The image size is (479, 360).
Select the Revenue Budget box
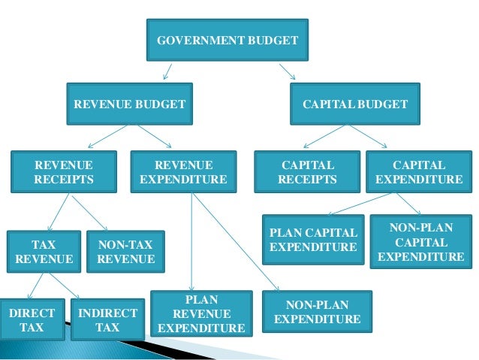click(128, 104)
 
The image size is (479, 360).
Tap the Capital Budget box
click(355, 104)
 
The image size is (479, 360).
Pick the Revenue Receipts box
click(64, 172)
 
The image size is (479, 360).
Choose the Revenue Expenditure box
click(183, 172)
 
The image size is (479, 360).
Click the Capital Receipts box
click(307, 172)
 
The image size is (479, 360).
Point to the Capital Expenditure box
click(419, 172)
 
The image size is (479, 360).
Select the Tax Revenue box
click(44, 252)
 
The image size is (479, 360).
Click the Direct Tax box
click(32, 319)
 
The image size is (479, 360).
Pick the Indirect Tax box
click(107, 319)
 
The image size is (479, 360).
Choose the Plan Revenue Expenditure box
click(201, 313)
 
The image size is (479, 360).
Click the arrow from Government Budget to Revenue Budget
click(168, 71)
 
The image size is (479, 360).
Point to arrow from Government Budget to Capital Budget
click(287, 71)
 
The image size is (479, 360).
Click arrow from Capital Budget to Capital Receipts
click(331, 137)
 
